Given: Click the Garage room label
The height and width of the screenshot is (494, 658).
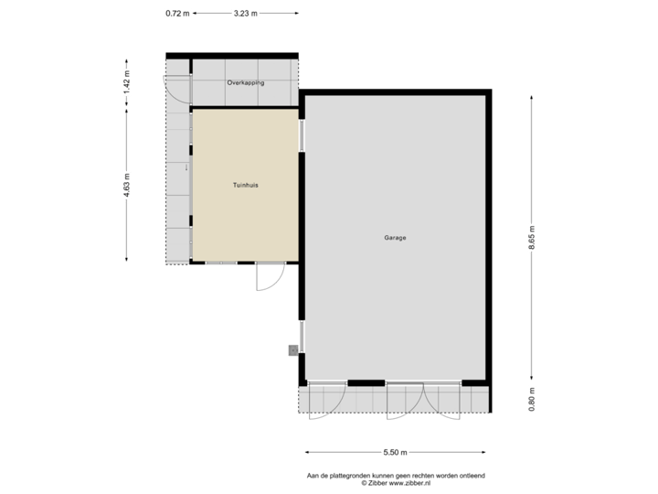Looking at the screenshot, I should tap(395, 238).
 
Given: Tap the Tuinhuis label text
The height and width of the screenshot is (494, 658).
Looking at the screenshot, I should tap(246, 185).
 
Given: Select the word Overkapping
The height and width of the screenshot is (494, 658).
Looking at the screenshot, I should tap(245, 82).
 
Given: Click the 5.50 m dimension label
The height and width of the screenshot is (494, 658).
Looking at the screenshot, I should tap(396, 453).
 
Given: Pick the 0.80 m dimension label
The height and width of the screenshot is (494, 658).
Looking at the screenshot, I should tap(532, 399).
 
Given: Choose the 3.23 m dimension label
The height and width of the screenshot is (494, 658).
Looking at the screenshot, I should tap(246, 13).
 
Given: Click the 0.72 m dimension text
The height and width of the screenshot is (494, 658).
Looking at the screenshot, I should tap(176, 13).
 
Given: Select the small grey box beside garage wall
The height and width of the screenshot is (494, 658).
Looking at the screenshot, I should tap(292, 349).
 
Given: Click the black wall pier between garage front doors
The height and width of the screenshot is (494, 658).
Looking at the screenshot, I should tap(366, 382).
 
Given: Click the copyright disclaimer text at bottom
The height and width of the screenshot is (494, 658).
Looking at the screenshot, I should tap(396, 478).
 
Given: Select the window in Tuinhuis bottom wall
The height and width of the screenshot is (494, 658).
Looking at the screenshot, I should tap(222, 263).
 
